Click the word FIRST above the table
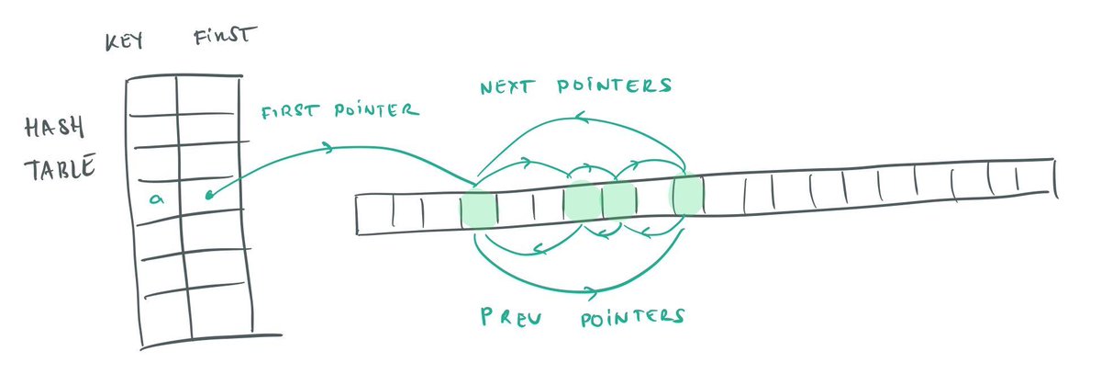tap(224, 40)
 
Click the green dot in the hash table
tap(210, 194)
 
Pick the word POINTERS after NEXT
tap(623, 86)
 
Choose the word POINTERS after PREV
tap(632, 317)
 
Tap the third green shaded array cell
tap(618, 199)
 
